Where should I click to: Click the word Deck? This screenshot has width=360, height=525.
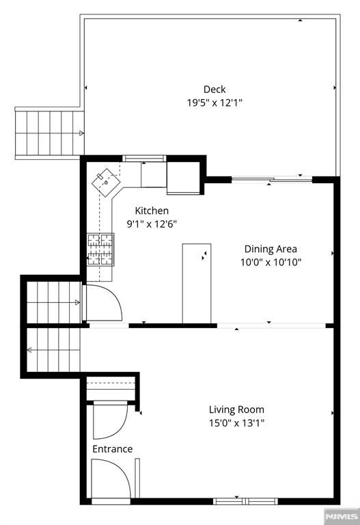click(x=214, y=90)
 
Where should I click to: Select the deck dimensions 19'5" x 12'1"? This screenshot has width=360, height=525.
click(x=214, y=103)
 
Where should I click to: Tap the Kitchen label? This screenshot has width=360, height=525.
click(x=151, y=211)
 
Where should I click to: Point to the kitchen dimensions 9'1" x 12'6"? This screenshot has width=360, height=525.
click(x=151, y=224)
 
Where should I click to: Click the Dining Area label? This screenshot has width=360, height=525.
click(x=271, y=249)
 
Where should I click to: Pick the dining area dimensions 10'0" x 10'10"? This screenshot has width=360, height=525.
click(x=271, y=262)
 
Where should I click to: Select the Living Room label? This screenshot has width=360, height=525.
click(x=236, y=409)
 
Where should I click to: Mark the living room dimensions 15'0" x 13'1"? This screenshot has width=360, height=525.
click(x=236, y=422)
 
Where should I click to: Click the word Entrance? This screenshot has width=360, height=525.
click(x=113, y=449)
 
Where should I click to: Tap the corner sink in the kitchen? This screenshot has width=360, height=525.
click(x=106, y=180)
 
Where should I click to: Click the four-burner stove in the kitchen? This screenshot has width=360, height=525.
click(x=100, y=250)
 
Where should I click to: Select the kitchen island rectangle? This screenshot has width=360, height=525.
click(x=196, y=282)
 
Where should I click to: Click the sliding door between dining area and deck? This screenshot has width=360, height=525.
click(x=271, y=180)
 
